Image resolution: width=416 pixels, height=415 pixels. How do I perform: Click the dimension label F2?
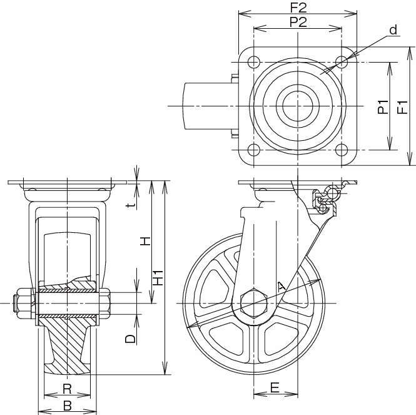(x=298, y=8)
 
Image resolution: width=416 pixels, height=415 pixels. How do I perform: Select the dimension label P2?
(x=298, y=22)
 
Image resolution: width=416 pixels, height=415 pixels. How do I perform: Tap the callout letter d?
(x=393, y=30)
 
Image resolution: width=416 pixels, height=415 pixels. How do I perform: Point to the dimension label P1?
(x=383, y=107)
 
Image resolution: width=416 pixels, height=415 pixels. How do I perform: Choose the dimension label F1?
(x=402, y=107)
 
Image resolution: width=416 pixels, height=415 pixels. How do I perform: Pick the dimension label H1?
(x=159, y=278)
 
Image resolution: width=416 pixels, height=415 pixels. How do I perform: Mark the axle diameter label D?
(x=130, y=339)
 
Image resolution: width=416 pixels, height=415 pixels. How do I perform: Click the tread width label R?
(x=67, y=389)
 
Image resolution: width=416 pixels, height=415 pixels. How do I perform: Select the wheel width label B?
(x=68, y=406)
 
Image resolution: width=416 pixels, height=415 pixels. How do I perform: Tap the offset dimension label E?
(x=275, y=387)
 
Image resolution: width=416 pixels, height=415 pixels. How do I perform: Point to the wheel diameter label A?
(x=282, y=287)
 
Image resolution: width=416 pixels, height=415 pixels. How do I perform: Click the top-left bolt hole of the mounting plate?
(x=253, y=62)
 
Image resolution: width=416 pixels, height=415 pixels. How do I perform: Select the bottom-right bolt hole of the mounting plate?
(x=342, y=150)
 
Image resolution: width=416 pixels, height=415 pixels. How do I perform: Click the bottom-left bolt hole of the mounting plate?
(x=253, y=150)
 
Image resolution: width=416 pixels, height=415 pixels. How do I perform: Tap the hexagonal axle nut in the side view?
(x=253, y=303)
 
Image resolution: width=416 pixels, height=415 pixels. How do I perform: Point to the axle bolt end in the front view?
(x=16, y=303)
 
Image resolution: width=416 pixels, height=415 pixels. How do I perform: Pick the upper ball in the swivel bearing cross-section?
(x=332, y=193)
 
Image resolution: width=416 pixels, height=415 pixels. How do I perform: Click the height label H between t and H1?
(x=145, y=241)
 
